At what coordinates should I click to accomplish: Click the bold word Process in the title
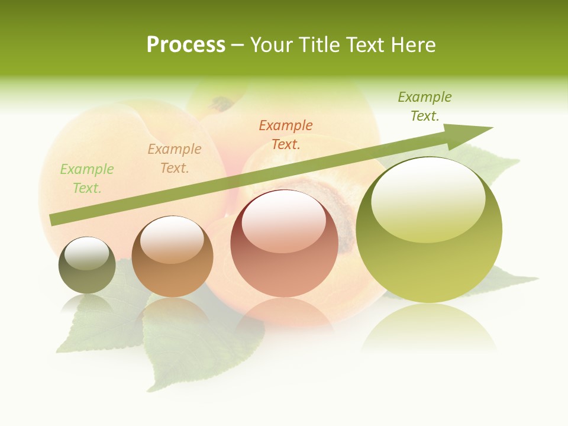(186, 44)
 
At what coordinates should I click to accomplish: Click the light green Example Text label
(87, 179)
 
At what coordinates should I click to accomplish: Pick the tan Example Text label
(175, 159)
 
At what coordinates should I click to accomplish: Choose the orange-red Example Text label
(286, 135)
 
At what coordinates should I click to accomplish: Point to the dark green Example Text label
(425, 106)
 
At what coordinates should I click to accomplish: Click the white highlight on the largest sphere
(428, 198)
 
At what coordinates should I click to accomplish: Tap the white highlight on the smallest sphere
(87, 253)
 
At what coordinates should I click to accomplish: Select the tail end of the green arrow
(54, 219)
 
